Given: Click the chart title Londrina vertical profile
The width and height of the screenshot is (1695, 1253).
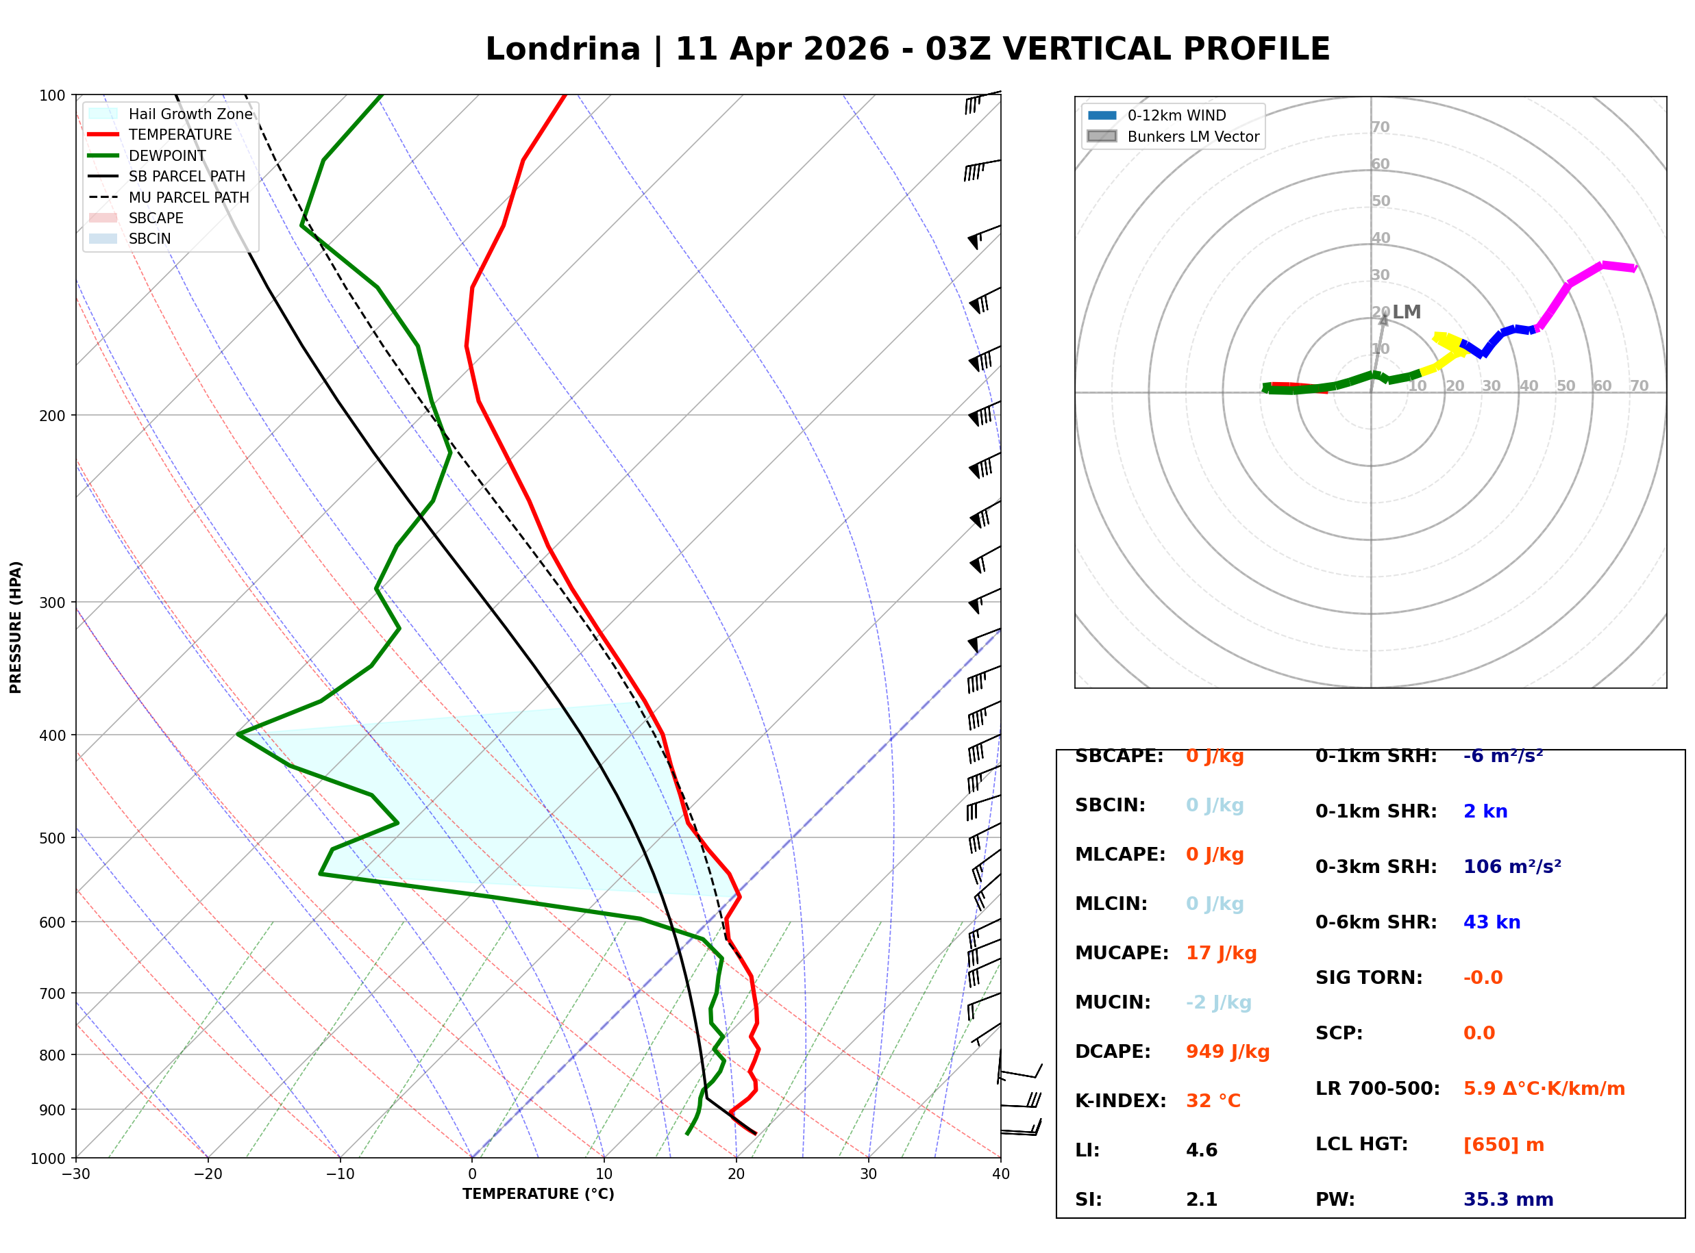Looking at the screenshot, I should coord(907,49).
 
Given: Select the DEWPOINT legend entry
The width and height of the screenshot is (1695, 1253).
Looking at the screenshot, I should coord(167,155).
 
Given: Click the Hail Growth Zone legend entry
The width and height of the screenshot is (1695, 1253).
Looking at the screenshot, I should coord(190,114).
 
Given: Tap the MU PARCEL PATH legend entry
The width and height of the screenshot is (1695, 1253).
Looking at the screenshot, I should coord(188,197).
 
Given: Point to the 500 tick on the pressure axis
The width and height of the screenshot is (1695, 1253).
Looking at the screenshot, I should coord(52,838).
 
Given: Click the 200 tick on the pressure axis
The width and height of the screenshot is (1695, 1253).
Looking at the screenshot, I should coord(52,416).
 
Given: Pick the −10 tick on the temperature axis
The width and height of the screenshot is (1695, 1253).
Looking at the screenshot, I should coord(339,1174).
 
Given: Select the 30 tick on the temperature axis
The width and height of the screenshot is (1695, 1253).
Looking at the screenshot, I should coord(868,1174).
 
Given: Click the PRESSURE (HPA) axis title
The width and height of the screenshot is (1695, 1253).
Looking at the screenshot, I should coord(16,627).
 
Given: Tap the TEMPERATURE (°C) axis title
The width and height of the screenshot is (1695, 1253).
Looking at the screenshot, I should coord(538,1194).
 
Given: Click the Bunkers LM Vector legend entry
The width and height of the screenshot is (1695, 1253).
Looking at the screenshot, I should coord(1193,136).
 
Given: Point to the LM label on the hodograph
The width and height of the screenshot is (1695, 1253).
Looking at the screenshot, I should coord(1406,312).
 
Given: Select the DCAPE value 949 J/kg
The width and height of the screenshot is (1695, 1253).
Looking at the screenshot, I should coord(1227,1052).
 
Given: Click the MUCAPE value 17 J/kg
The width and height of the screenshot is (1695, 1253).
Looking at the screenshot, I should coord(1221,953).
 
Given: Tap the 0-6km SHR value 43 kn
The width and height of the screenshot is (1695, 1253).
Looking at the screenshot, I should coord(1492,922).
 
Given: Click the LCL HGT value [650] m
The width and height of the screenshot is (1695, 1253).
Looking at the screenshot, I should coord(1503,1145).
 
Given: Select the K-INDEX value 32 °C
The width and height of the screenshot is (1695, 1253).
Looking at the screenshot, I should coord(1213,1101).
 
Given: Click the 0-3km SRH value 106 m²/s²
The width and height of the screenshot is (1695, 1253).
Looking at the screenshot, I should coord(1511,867).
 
